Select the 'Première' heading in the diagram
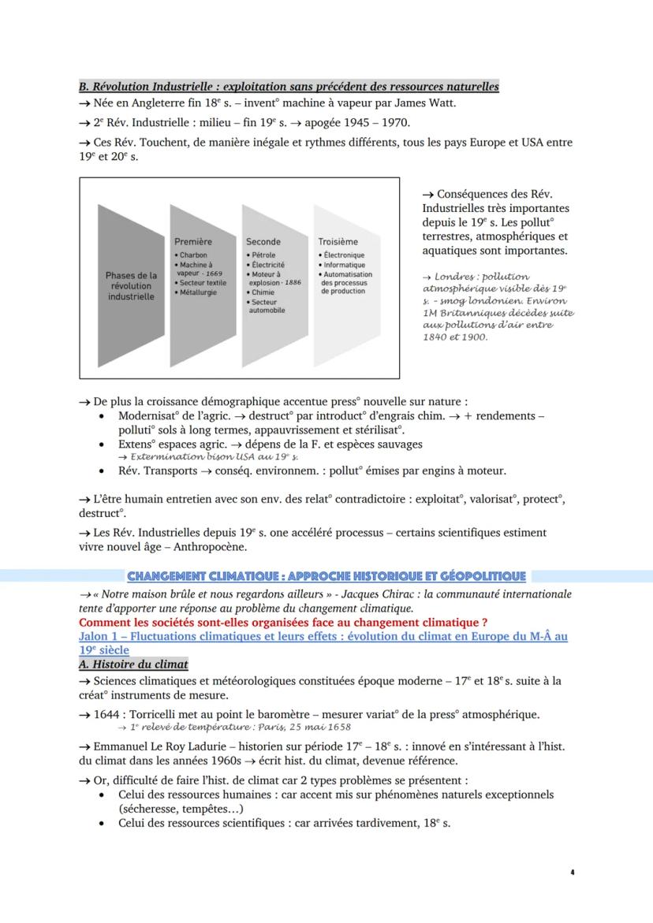point(193,241)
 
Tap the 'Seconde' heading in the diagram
point(263,241)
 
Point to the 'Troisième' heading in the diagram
point(338,241)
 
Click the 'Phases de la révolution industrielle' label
point(131,286)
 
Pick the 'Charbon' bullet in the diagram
point(193,255)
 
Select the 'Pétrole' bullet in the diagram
point(263,255)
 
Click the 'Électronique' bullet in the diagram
point(343,255)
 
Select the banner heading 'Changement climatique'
point(326,576)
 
